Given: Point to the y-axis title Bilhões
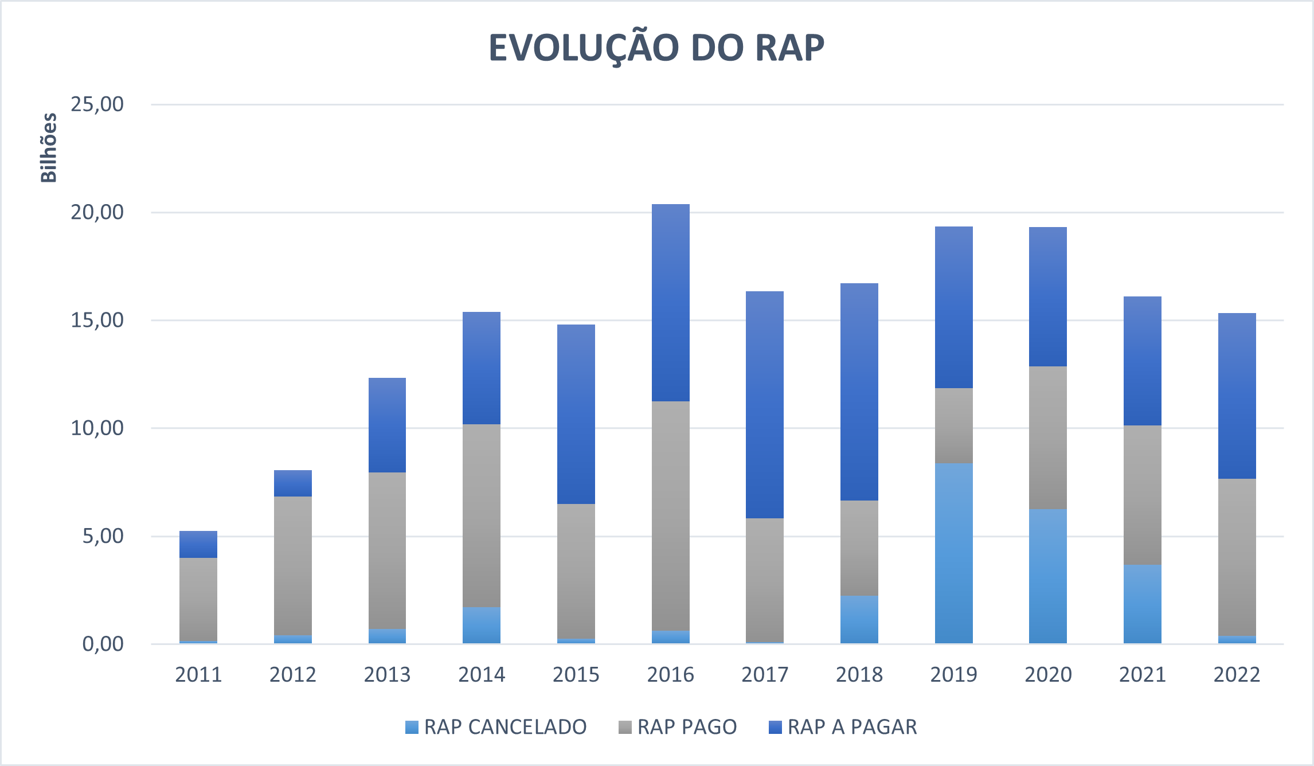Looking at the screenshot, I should coord(49,148).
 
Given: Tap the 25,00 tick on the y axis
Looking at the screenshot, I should coord(97,104).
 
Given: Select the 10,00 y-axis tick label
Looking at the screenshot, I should coord(97,428).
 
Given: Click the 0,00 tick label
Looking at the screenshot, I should coord(103,644).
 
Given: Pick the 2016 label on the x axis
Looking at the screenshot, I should coord(670,675).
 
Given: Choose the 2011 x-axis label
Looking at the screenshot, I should coord(198,675).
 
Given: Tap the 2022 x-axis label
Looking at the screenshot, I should coord(1237,675).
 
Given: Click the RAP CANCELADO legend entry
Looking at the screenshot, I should coord(496,727).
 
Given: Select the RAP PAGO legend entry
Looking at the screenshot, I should coord(678,727).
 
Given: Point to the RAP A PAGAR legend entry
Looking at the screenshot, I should coord(843,727).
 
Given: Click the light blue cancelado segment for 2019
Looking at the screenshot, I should coord(953,553).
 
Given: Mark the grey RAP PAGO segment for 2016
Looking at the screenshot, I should coord(670,516).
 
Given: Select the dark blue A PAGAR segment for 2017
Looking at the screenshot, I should coord(765,405).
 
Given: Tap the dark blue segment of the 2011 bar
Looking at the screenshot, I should coord(198,545).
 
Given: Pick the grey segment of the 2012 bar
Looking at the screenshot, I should coord(293,566).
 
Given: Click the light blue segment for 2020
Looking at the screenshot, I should coord(1048,576).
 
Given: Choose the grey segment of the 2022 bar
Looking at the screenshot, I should coord(1237,557).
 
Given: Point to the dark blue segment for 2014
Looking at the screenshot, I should coord(482,368).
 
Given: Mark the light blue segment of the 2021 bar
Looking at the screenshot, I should coord(1142,604).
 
